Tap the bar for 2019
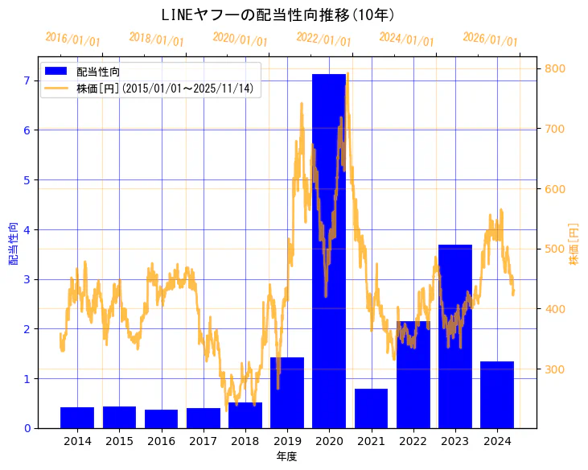(x=287, y=393)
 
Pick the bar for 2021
(x=371, y=409)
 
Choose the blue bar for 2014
(x=77, y=418)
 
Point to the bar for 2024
(x=497, y=395)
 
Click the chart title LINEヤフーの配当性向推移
(x=278, y=15)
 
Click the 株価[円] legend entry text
(x=165, y=89)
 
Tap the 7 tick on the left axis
(x=27, y=80)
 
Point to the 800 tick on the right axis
(x=553, y=69)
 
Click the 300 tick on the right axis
(x=553, y=369)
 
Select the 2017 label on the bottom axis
(x=204, y=441)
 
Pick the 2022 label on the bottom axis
(x=413, y=441)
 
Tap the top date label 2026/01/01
(x=491, y=39)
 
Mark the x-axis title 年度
(x=287, y=456)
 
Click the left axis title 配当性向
(x=14, y=243)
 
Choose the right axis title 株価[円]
(x=574, y=243)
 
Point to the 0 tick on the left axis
(x=27, y=428)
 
